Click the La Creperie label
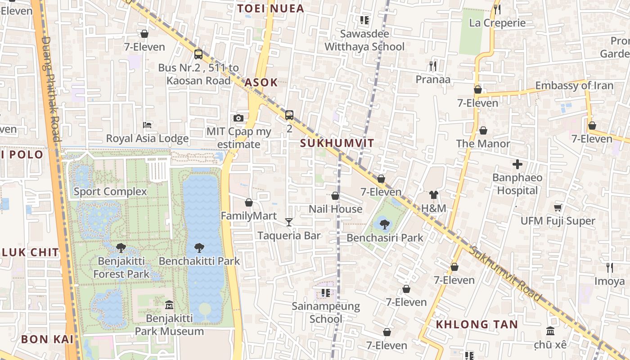(x=497, y=23)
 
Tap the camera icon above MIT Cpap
(x=238, y=118)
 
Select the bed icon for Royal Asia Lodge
(x=147, y=125)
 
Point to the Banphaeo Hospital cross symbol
(x=517, y=164)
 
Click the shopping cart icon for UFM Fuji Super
(x=558, y=207)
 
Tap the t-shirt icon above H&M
(x=433, y=195)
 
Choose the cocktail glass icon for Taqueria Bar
(x=289, y=222)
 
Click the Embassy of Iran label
(x=574, y=85)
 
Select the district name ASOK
(x=261, y=82)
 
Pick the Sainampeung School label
(x=326, y=313)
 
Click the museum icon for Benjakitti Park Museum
(x=169, y=305)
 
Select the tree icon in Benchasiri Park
(x=384, y=224)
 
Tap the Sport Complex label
(x=110, y=192)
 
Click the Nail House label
(x=335, y=209)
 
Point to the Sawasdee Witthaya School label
(x=364, y=40)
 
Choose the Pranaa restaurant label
(x=433, y=79)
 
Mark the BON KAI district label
(x=47, y=339)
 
